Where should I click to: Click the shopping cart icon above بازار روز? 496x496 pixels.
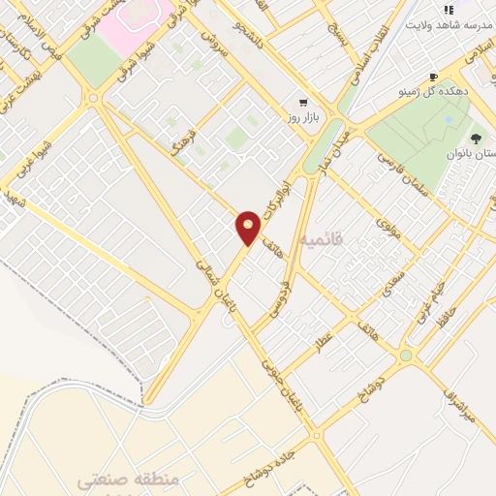(x=304, y=101)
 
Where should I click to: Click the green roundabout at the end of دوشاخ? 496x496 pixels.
(x=405, y=356)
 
